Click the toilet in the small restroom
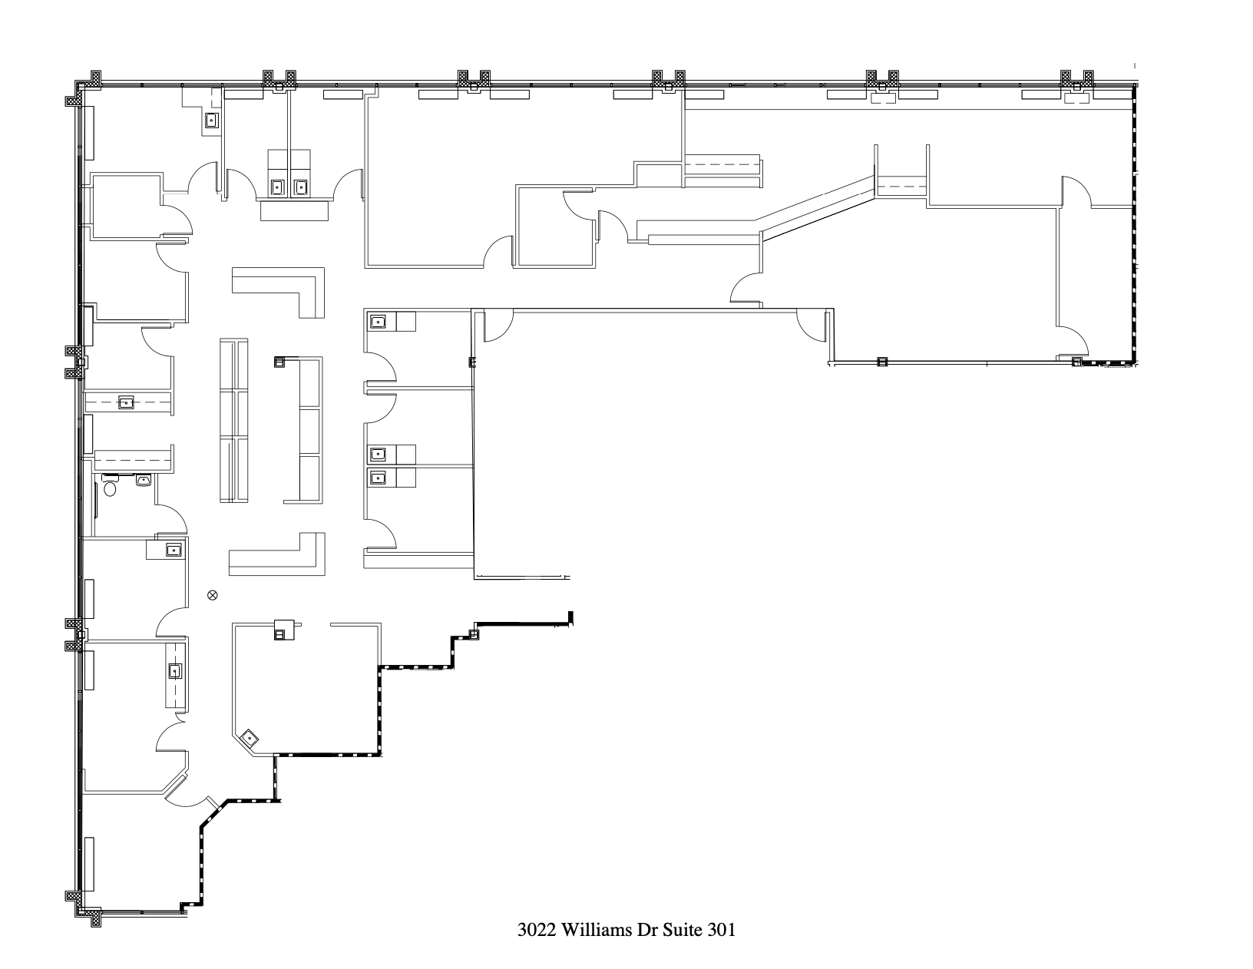[x=109, y=487]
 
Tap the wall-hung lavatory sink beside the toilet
[x=144, y=481]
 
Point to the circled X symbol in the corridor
[x=213, y=594]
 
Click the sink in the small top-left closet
[x=211, y=120]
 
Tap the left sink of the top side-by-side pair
[x=278, y=186]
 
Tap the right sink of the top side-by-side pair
[x=300, y=186]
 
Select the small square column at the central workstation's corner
[x=279, y=361]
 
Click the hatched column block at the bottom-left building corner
[x=84, y=906]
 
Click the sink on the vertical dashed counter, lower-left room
[x=175, y=672]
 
